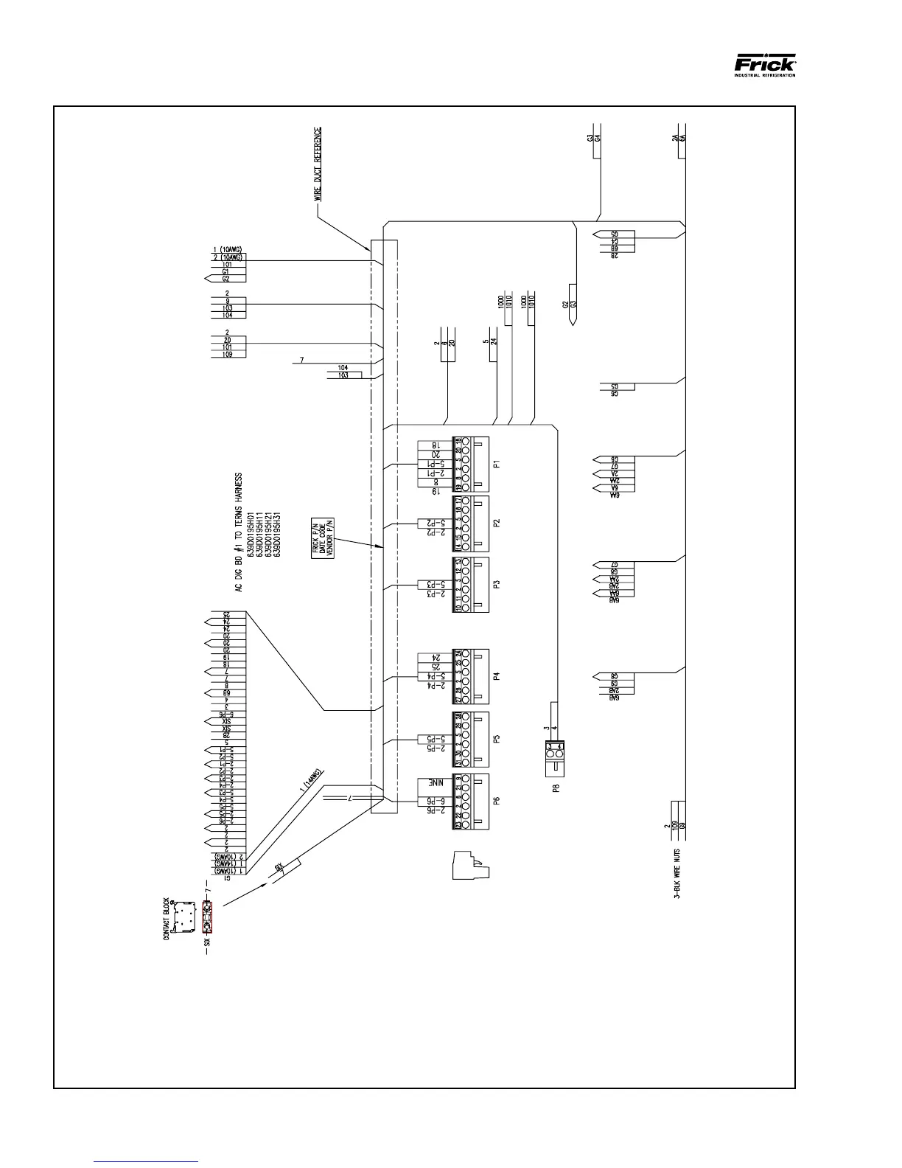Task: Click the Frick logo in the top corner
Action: coord(764,64)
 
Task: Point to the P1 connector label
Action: coord(497,465)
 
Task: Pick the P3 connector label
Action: coord(497,584)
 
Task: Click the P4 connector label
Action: coord(497,675)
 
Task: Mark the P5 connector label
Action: coord(497,737)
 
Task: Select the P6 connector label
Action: coord(497,799)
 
